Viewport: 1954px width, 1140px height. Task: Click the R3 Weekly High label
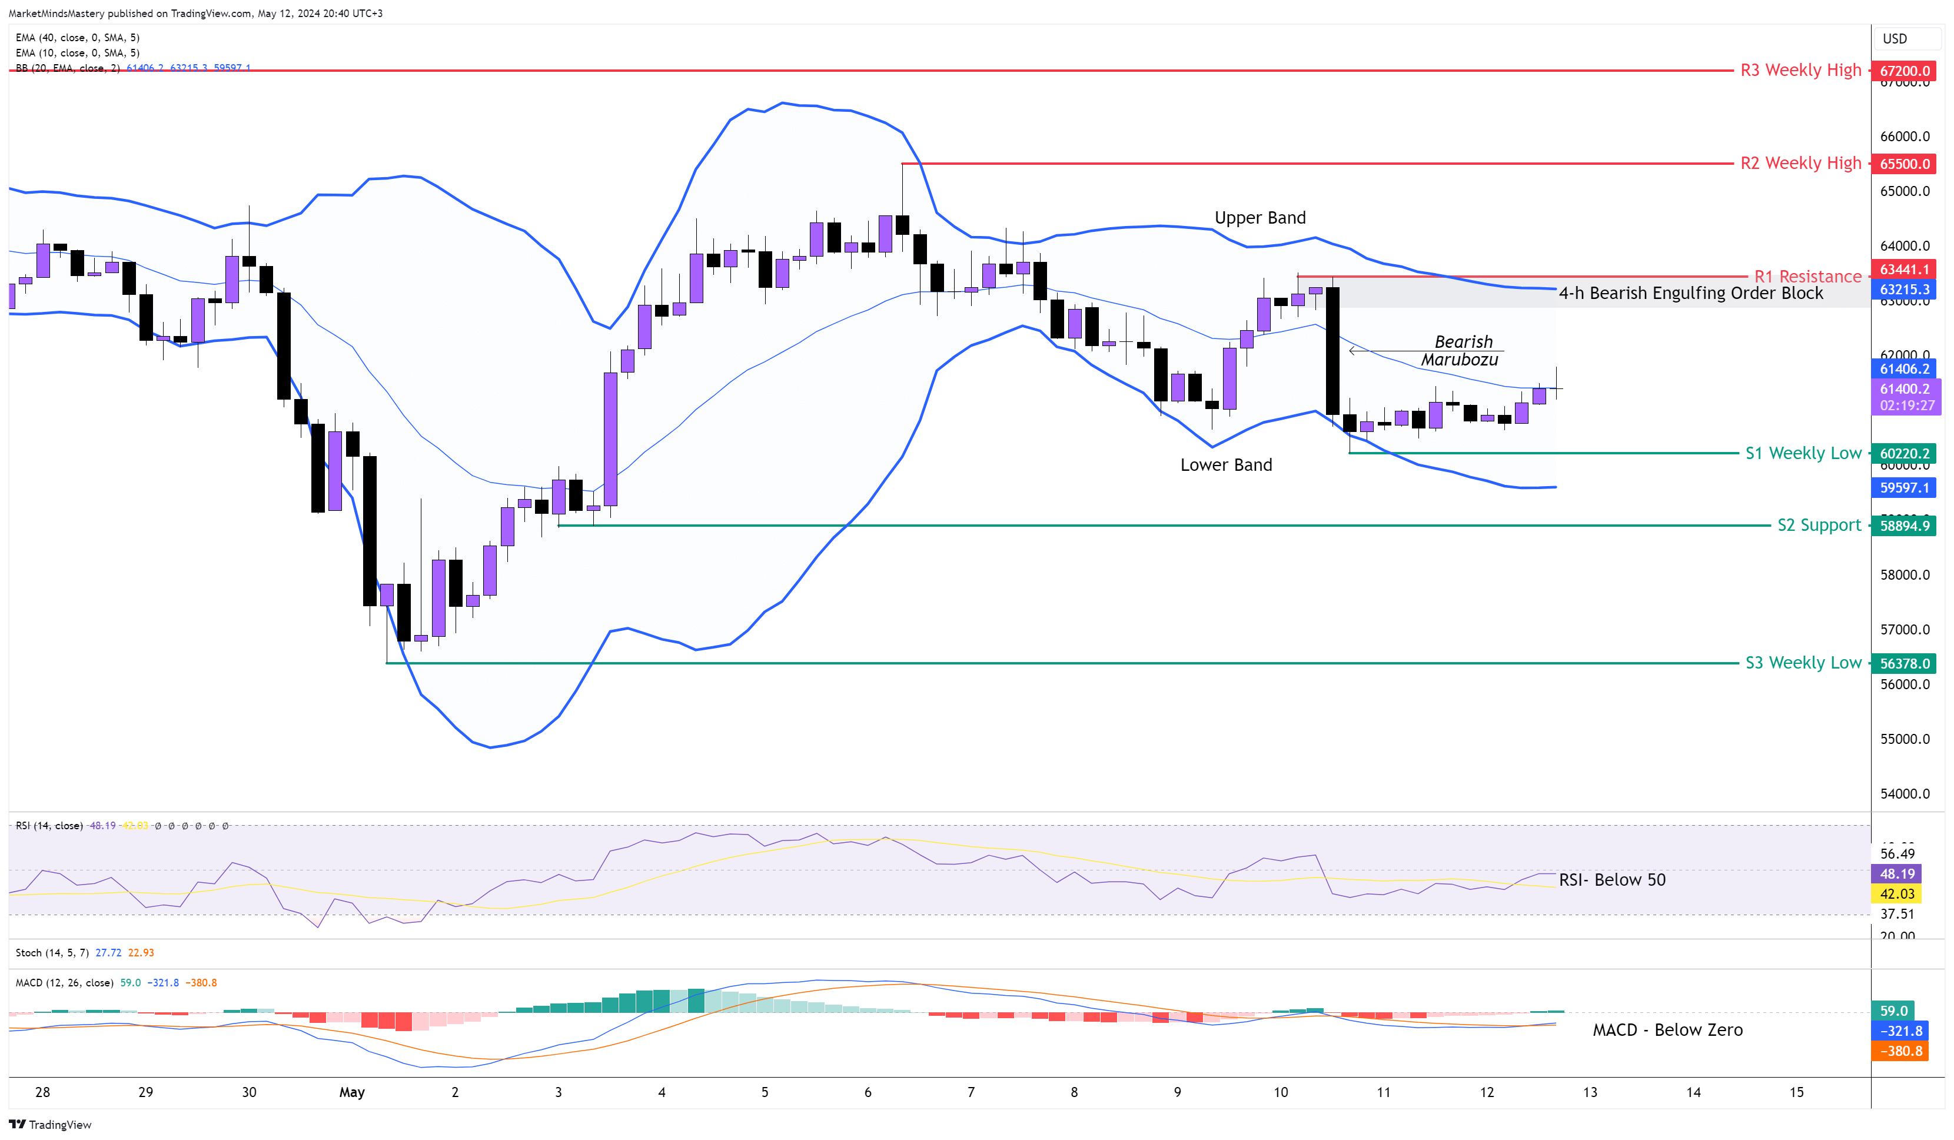coord(1800,71)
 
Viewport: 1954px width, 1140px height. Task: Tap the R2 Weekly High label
coord(1800,164)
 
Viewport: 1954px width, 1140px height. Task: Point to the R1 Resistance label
coord(1807,277)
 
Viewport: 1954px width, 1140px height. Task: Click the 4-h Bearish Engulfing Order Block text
coord(1690,293)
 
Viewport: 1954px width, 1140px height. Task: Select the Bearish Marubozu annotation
coord(1461,351)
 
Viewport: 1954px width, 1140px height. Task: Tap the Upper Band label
coord(1260,218)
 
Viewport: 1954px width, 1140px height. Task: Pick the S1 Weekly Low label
coord(1803,453)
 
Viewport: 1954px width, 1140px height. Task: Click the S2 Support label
coord(1818,526)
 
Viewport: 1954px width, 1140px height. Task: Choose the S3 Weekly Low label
coord(1803,663)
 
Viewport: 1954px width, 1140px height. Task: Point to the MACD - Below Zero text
coord(1667,1030)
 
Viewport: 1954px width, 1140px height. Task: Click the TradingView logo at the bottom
coord(51,1125)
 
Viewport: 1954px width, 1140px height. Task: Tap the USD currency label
coord(1895,39)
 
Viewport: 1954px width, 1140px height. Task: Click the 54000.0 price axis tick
coord(1905,793)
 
